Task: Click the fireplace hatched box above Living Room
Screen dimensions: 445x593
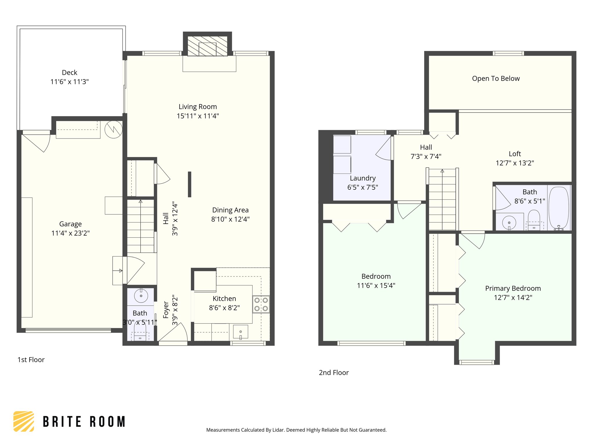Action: pyautogui.click(x=207, y=46)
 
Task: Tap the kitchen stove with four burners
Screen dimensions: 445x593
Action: pyautogui.click(x=261, y=304)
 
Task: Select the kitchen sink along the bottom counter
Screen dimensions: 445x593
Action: pyautogui.click(x=240, y=332)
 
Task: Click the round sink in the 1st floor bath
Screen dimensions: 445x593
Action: pyautogui.click(x=141, y=296)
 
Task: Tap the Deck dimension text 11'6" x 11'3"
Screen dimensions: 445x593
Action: pyautogui.click(x=69, y=82)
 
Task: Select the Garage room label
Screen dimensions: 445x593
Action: pyautogui.click(x=70, y=224)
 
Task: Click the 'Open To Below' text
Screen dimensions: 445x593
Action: pyautogui.click(x=496, y=79)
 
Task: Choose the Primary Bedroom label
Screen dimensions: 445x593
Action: pyautogui.click(x=513, y=288)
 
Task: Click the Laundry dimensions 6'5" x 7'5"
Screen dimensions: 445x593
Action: pyautogui.click(x=363, y=187)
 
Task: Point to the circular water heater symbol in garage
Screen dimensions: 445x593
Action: pyautogui.click(x=114, y=129)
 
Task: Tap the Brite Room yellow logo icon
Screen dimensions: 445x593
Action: pyautogui.click(x=24, y=421)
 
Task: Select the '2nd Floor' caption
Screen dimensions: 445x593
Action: pyautogui.click(x=334, y=373)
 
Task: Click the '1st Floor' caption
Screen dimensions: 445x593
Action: pyautogui.click(x=31, y=360)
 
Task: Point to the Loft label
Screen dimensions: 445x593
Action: pyautogui.click(x=515, y=154)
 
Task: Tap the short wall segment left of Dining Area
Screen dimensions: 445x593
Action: pyautogui.click(x=190, y=184)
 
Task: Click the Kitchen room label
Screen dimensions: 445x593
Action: pyautogui.click(x=224, y=299)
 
